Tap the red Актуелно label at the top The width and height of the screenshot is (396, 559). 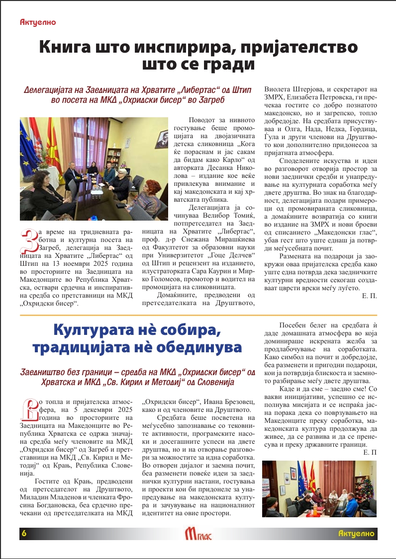(38, 22)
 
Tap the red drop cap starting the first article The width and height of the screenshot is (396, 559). (30, 240)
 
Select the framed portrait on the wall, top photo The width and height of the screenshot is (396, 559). (162, 139)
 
